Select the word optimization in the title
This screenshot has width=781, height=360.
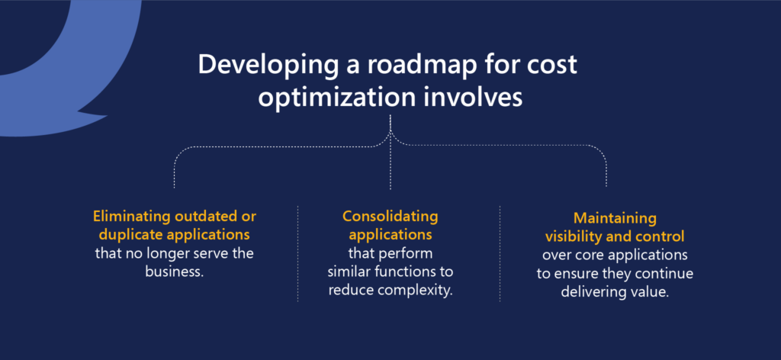[x=336, y=98]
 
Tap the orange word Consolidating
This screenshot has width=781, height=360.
[x=390, y=217]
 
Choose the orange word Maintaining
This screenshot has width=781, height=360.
[x=615, y=218]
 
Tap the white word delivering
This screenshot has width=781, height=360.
[x=591, y=292]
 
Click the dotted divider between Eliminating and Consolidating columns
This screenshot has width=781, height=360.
[x=298, y=253]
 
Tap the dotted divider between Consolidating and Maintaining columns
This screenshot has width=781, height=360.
[x=500, y=253]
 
